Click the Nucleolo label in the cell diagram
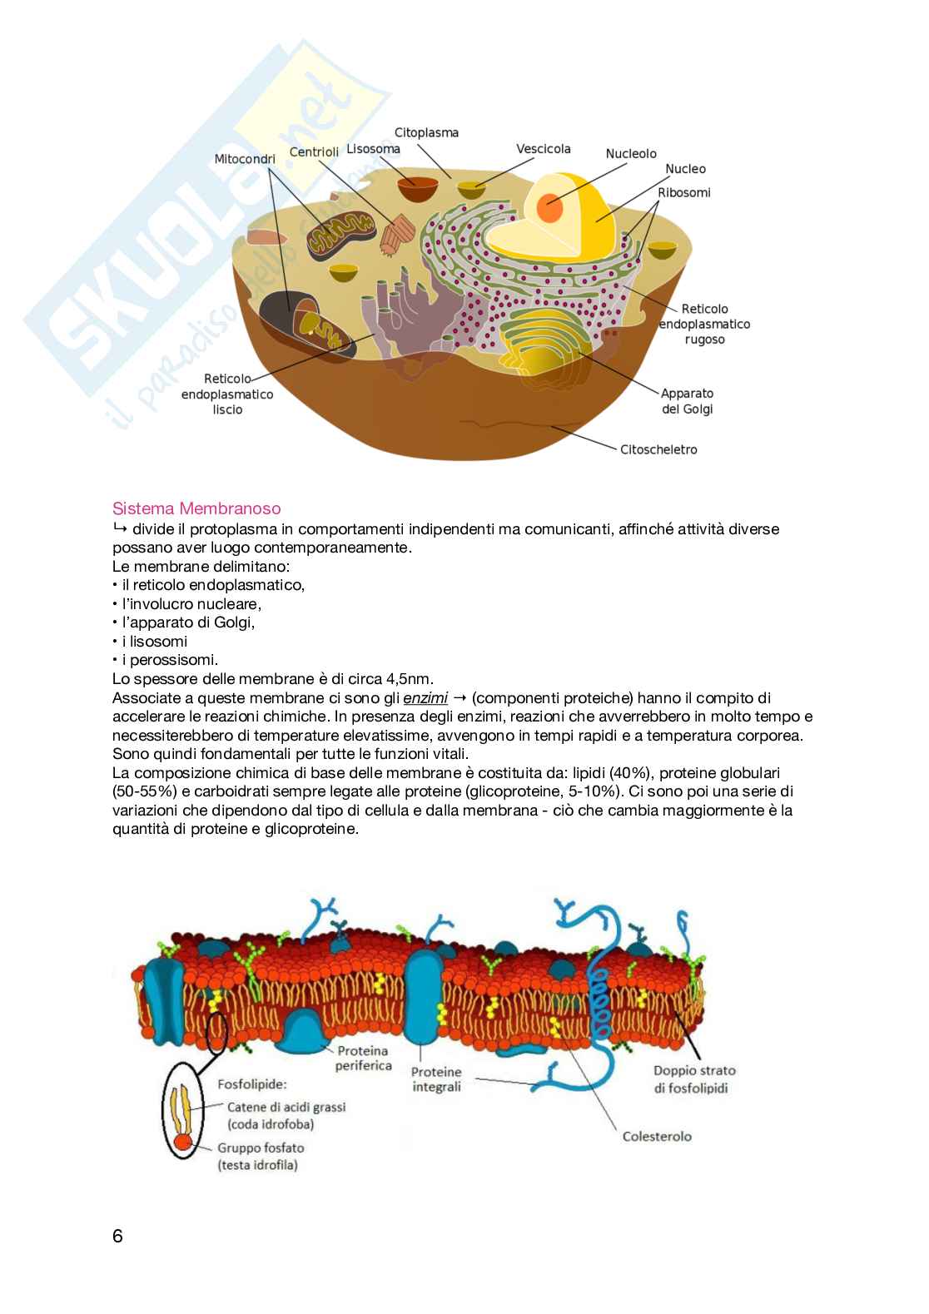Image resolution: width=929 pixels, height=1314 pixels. (631, 154)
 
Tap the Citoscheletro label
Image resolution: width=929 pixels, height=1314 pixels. (658, 449)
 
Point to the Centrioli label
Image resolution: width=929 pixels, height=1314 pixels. (314, 151)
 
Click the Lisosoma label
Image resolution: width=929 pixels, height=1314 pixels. (373, 149)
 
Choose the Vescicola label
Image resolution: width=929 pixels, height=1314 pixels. (544, 149)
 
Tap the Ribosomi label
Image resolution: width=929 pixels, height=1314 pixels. (684, 192)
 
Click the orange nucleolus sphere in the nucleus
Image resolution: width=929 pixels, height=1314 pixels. (549, 206)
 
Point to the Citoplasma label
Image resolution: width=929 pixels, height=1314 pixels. (426, 132)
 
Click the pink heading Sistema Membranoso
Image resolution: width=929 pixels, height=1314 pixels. (196, 508)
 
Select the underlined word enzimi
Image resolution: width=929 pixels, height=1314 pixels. (425, 697)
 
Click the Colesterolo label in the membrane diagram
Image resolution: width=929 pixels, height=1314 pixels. (657, 1136)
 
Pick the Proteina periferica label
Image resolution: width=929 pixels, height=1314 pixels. (363, 1059)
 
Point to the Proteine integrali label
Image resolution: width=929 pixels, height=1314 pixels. (436, 1079)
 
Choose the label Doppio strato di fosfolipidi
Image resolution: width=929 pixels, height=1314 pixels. (694, 1078)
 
